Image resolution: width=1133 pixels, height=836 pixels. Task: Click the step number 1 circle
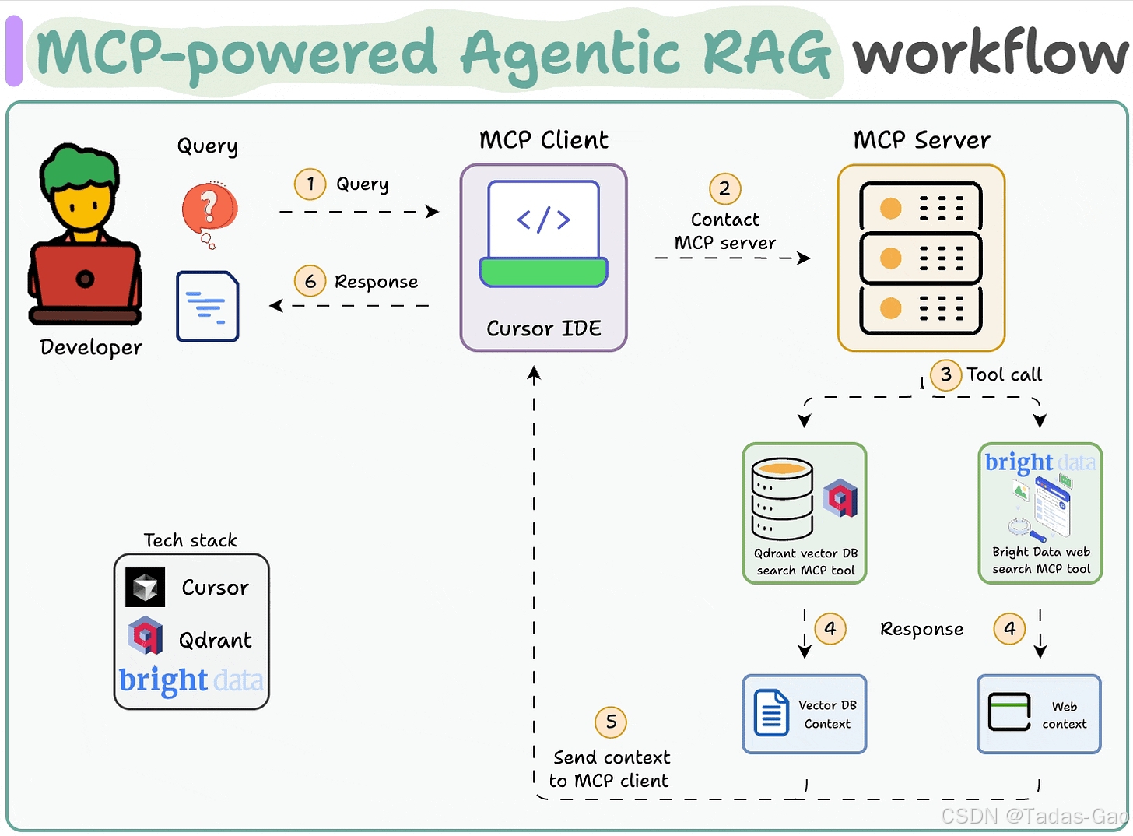tap(310, 184)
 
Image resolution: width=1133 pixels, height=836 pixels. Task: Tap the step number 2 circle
tap(724, 188)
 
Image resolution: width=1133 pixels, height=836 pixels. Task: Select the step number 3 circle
tap(945, 375)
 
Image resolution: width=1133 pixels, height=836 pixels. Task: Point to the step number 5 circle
tap(611, 722)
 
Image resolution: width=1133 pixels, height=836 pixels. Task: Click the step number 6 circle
tap(310, 281)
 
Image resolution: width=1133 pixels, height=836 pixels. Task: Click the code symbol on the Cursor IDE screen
tap(543, 220)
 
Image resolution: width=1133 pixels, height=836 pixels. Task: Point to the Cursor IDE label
tap(544, 329)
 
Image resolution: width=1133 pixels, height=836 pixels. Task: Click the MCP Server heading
tap(921, 140)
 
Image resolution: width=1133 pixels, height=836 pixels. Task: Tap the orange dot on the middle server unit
tap(890, 258)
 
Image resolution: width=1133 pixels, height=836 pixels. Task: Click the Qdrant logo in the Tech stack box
tap(146, 635)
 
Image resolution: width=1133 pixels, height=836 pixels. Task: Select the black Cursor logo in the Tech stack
tap(145, 587)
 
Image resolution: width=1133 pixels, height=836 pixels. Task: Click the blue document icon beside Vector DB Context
tap(771, 712)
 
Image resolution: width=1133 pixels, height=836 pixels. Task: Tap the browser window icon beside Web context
tap(1009, 711)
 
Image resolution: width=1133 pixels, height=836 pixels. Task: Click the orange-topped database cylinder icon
tap(782, 498)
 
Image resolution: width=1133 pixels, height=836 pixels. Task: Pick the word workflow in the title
tap(991, 52)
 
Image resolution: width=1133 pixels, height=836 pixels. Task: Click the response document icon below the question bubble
tap(207, 306)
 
